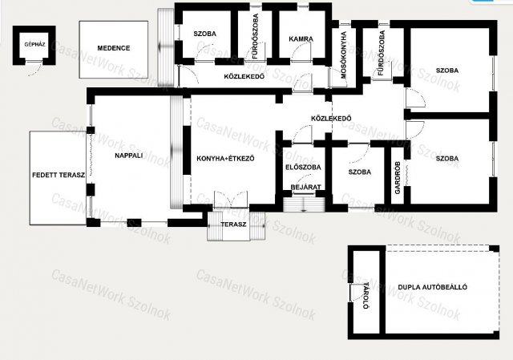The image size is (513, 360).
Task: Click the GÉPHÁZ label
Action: coord(34,45)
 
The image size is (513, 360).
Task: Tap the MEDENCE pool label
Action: coord(114,48)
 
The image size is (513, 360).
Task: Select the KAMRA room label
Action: coord(301,39)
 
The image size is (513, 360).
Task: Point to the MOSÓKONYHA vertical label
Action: coord(344,55)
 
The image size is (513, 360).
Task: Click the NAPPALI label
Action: coord(128,156)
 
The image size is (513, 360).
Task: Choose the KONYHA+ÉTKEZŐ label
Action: coord(225,159)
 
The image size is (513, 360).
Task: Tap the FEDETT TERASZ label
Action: coord(59,175)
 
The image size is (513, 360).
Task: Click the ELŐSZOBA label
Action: coord(303,168)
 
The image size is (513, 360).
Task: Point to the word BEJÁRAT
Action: coord(306,187)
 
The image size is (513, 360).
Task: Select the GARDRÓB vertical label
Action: coord(398,178)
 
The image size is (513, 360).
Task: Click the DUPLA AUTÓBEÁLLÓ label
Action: coord(433,287)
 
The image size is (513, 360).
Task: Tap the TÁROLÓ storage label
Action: coord(366,296)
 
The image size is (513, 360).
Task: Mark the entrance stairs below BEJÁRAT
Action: coord(304,204)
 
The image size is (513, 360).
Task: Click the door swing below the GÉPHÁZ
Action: coord(37,69)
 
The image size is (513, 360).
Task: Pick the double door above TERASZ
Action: coord(231,200)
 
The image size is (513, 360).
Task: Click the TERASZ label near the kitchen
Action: coord(233,224)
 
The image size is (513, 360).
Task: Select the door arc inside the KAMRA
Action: coord(301,51)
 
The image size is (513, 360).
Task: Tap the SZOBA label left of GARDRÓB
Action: coord(360,172)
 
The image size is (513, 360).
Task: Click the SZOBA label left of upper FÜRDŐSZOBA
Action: coord(205,34)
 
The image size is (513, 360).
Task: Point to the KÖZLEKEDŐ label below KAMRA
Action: coord(244,77)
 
